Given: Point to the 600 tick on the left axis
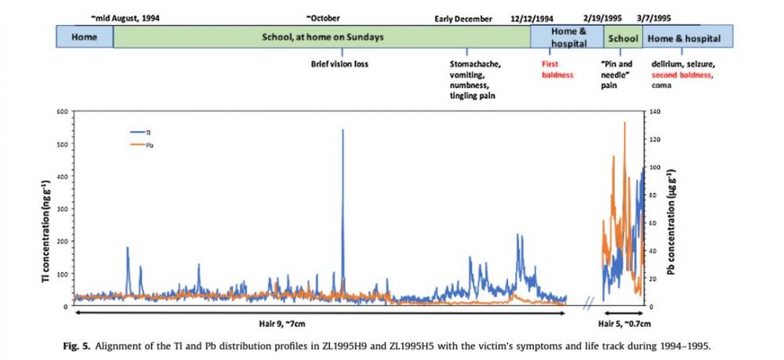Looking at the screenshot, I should click(x=61, y=112).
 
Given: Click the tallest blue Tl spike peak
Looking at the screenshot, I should click(x=343, y=130).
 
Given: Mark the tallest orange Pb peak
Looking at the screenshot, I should click(x=625, y=123).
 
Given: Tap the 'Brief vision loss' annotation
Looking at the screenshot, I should click(x=340, y=64).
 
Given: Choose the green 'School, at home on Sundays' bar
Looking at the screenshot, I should click(x=321, y=37).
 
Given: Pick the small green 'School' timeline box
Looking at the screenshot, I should click(x=623, y=37).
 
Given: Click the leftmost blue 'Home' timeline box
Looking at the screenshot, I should click(x=84, y=37).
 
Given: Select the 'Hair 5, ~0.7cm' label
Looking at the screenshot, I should click(x=625, y=323).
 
